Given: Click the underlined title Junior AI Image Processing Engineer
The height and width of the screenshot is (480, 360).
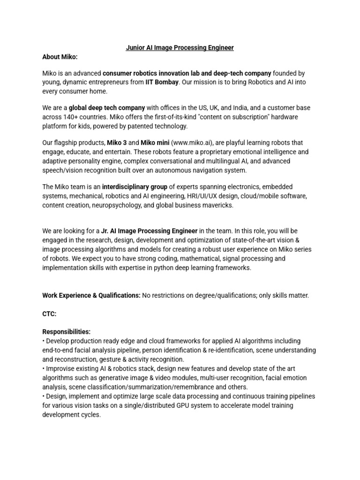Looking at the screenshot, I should click(x=180, y=48).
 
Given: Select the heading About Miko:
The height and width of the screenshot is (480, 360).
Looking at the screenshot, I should click(x=60, y=57).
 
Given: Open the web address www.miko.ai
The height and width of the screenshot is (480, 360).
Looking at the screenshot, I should click(x=194, y=143).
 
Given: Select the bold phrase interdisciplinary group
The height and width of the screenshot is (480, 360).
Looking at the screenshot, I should click(x=135, y=187).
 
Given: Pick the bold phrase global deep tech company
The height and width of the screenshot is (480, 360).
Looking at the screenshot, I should click(x=107, y=108).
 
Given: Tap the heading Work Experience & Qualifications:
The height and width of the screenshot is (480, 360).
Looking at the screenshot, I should click(x=91, y=296).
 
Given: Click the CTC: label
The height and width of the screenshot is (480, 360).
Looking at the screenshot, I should click(x=49, y=314).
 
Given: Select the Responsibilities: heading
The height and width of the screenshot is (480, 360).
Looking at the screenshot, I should click(x=67, y=331).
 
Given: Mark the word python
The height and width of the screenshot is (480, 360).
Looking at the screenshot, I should click(x=160, y=268).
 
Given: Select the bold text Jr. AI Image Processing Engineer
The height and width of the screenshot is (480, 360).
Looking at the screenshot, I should click(x=150, y=231).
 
